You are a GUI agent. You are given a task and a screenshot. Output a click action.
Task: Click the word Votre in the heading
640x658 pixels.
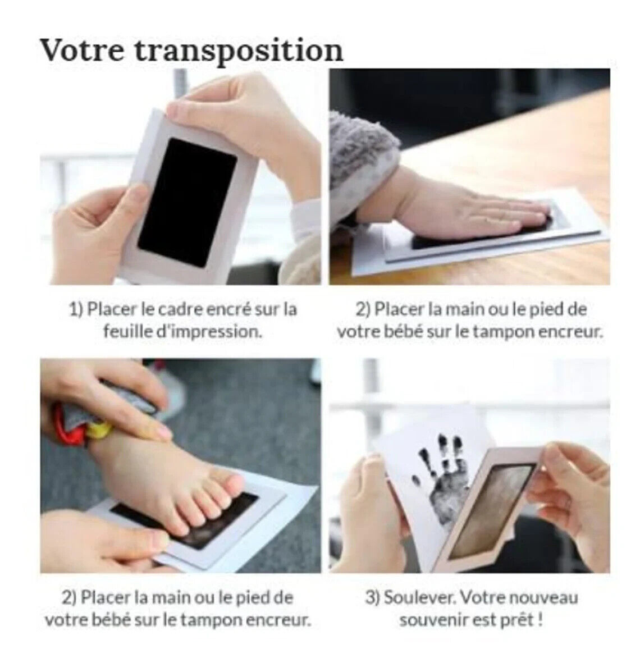click(83, 50)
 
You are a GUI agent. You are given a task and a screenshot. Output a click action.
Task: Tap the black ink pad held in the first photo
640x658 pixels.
click(186, 202)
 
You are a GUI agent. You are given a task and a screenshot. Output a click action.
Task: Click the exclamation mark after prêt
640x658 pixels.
click(540, 619)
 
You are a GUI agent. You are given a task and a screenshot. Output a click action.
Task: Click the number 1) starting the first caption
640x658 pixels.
click(76, 310)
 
